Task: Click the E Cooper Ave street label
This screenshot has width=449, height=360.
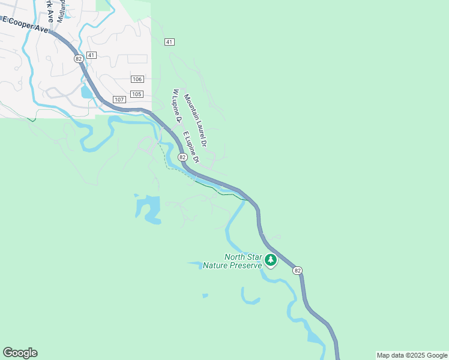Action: coord(26,25)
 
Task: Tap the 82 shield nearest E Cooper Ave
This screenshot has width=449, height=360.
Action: coord(79,58)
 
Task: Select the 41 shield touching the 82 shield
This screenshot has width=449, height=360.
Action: coord(91,55)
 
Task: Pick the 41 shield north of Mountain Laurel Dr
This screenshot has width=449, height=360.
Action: coord(169,41)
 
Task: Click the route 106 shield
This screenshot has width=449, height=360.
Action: coord(137,79)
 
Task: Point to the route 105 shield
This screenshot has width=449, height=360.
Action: coord(137,94)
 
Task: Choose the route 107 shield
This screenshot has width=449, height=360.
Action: coord(118,99)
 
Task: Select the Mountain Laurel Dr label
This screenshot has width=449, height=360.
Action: coord(196,121)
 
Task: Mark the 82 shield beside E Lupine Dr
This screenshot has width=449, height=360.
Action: coord(182,156)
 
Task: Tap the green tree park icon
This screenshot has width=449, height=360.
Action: coord(271,260)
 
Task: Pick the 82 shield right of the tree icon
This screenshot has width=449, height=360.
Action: coord(297,271)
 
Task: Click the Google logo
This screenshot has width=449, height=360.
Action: coord(20,353)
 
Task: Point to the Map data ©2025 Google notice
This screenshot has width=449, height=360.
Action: coord(412,355)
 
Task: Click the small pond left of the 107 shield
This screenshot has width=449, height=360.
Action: coord(88,92)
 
